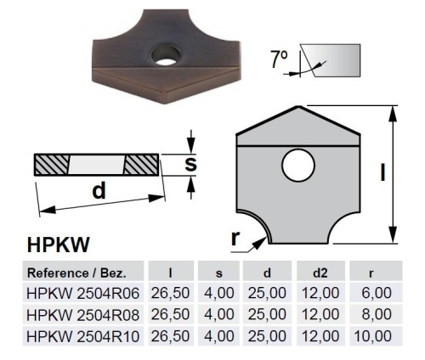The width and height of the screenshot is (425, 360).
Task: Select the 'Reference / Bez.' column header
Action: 77,273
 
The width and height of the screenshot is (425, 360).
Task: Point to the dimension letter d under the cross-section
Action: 99,191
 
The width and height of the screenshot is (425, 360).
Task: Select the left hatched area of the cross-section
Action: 54,163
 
